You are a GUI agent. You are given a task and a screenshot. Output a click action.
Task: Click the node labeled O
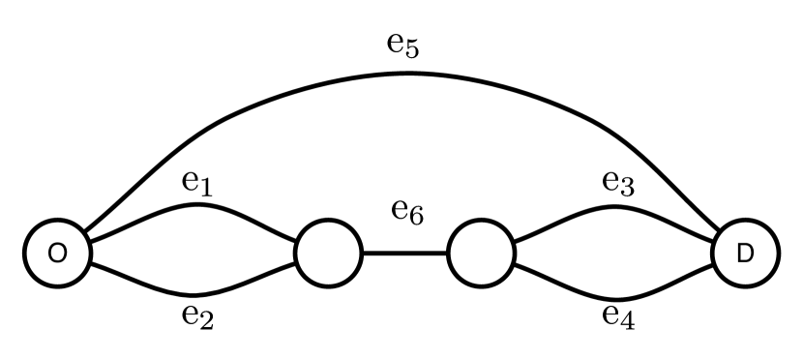pos(57,254)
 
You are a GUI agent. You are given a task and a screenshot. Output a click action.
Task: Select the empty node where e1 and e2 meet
pos(328,254)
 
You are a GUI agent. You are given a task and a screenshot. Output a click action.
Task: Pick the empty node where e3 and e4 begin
pos(481,254)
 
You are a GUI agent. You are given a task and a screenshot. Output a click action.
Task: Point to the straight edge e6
pos(404,255)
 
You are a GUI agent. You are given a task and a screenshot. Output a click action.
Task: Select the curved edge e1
pos(193,206)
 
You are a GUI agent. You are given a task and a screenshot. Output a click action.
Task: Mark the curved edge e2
pos(193,293)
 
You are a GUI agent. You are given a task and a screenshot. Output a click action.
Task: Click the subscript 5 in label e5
pos(412,50)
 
